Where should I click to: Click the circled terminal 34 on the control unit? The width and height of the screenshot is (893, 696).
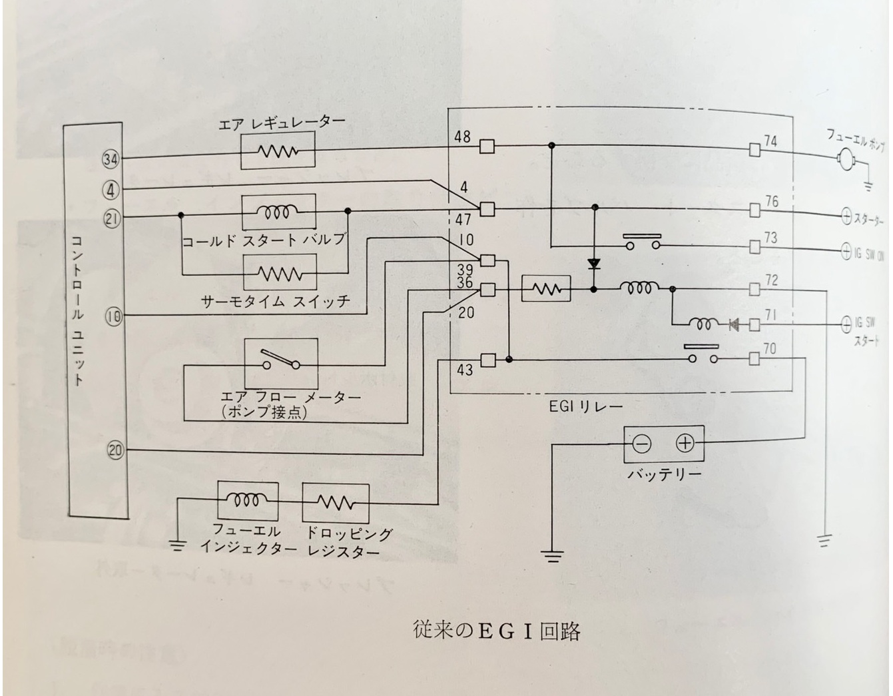[x=110, y=159]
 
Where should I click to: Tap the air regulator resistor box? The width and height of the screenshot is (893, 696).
[x=278, y=151]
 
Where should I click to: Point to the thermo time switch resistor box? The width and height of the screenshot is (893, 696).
[x=279, y=272]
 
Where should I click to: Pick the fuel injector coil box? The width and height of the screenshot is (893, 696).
[x=247, y=500]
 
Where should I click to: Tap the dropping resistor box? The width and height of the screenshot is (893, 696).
[x=335, y=502]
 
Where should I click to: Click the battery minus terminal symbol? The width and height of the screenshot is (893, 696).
[x=641, y=444]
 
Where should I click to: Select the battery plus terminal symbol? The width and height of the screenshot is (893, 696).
[x=685, y=444]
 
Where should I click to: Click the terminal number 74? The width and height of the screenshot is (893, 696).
[x=770, y=141]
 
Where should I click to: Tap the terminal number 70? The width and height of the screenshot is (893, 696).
[x=770, y=348]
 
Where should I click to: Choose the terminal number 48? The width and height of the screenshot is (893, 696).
[x=462, y=137]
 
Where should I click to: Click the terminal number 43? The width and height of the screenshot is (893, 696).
[x=465, y=369]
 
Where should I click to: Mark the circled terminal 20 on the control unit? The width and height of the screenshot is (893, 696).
[x=115, y=450]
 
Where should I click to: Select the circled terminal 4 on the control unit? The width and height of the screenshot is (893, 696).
[x=111, y=191]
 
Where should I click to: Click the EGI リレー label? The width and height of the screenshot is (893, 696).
[x=585, y=406]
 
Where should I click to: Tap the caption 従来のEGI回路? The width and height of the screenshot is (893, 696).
[x=496, y=631]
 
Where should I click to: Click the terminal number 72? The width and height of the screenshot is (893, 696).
[x=770, y=280]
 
